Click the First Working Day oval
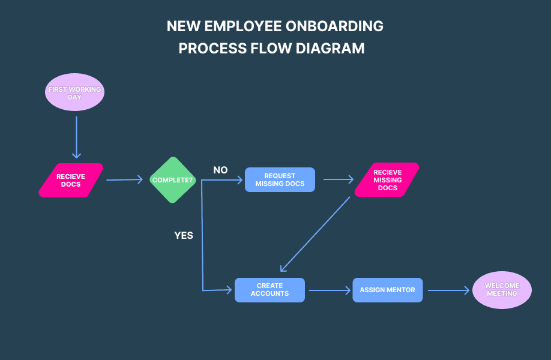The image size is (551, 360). [x=74, y=92]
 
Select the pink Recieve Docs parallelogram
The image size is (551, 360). [x=71, y=180]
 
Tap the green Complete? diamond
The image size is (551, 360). [x=173, y=180]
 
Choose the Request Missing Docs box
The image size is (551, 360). [x=280, y=180]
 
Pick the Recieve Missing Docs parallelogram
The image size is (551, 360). [x=387, y=180]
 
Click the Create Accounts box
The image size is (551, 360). [x=269, y=290]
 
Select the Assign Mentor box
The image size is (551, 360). [x=387, y=290]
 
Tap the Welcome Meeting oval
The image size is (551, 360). [x=502, y=290]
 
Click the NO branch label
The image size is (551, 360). [x=220, y=170]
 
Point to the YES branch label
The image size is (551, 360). [x=184, y=235]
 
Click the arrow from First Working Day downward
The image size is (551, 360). [x=76, y=137]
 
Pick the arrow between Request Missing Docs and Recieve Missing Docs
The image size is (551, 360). [x=339, y=179]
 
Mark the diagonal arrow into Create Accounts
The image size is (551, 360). [x=315, y=234]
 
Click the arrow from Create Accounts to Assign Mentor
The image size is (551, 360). [x=329, y=290]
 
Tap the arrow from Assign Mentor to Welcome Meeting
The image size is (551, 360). [x=448, y=290]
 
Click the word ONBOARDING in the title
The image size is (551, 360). [x=336, y=26]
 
